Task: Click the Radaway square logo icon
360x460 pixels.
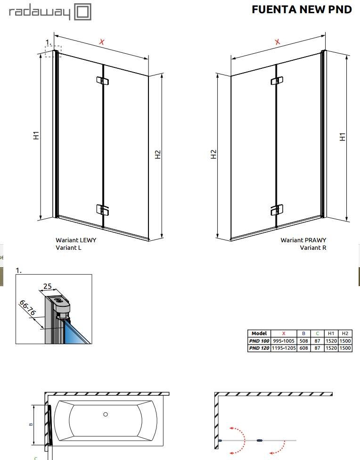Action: pyautogui.click(x=82, y=12)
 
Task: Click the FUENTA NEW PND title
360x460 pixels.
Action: pyautogui.click(x=302, y=9)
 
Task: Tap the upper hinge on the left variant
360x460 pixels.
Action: pyautogui.click(x=102, y=81)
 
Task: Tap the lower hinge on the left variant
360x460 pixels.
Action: pyautogui.click(x=102, y=210)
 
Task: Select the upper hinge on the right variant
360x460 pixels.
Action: pyautogui.click(x=277, y=81)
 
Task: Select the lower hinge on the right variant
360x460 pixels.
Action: pyautogui.click(x=277, y=210)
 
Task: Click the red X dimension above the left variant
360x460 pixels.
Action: pyautogui.click(x=101, y=42)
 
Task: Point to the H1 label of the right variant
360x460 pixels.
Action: pyautogui.click(x=343, y=137)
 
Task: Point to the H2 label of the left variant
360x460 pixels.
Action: pyautogui.click(x=157, y=154)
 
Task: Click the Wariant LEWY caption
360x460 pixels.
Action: pyautogui.click(x=76, y=240)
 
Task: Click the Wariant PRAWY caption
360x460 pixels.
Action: pyautogui.click(x=303, y=240)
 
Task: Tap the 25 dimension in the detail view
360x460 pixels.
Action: pyautogui.click(x=48, y=286)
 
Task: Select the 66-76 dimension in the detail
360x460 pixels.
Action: pyautogui.click(x=27, y=308)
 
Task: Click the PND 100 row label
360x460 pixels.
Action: pyautogui.click(x=259, y=341)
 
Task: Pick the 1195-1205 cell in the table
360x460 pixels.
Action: pyautogui.click(x=284, y=348)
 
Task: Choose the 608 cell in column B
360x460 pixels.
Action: pyautogui.click(x=303, y=348)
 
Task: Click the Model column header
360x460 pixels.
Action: pyautogui.click(x=259, y=334)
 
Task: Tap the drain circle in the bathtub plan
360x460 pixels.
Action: pyautogui.click(x=106, y=414)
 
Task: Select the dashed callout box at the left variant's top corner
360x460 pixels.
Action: pyautogui.click(x=53, y=51)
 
